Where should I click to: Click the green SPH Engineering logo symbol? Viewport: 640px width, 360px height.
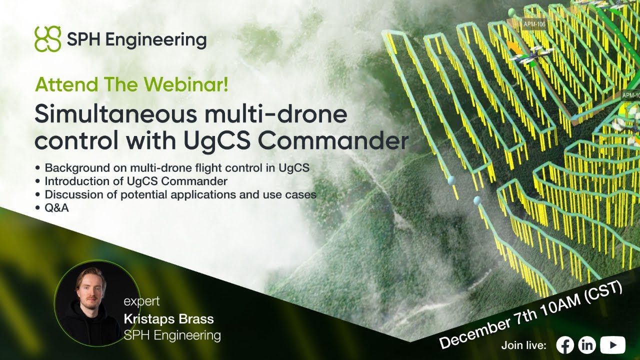coord(47,39)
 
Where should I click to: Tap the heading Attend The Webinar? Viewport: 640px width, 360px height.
coord(131,84)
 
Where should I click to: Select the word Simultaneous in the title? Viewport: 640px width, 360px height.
coord(116,115)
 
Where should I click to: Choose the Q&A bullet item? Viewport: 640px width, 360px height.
coord(56,208)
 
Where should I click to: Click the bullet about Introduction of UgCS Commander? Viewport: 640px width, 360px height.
coord(136,181)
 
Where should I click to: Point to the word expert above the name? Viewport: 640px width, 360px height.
coord(141,301)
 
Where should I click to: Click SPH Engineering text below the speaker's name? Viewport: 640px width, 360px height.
coord(172,334)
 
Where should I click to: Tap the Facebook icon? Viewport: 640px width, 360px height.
coord(565,344)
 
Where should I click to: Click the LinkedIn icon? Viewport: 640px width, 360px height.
coord(587,344)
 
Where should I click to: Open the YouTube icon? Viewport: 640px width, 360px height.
coord(612,344)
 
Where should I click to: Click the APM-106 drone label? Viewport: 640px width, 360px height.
coord(533,23)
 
